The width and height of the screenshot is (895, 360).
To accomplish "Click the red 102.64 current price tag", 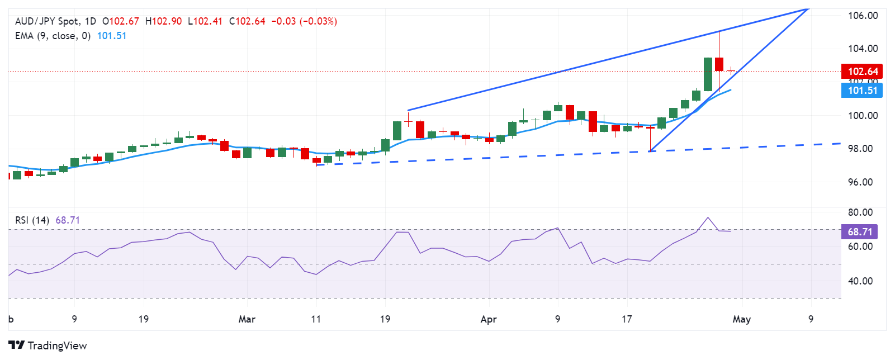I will pos(863,71).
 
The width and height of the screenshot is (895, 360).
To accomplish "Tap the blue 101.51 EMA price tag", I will pos(863,91).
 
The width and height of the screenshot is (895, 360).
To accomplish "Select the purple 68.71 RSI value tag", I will pos(860,231).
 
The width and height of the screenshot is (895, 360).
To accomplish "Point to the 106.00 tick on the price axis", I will pos(863,16).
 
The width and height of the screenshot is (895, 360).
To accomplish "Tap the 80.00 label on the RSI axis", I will pos(860,212).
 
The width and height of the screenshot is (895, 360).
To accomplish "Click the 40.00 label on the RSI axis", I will pos(860,281).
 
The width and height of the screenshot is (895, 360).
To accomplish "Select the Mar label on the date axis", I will pos(247,319).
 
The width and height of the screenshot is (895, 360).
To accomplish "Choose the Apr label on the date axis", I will pos(489,319).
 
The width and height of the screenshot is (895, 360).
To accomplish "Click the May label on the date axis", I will pos(741,319).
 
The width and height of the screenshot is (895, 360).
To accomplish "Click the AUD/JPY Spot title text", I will pos(47,21).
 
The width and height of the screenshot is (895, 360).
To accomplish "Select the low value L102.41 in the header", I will pos(205,21).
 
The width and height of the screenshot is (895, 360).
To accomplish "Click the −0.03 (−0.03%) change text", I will pos(304,21).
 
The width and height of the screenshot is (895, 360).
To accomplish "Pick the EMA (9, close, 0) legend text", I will pos(53,36).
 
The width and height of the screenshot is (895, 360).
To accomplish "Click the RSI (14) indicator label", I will pos(32,220).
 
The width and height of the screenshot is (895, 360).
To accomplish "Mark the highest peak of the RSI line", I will pos(708,217).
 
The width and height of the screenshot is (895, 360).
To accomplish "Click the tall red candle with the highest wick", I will pos(719,64).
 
